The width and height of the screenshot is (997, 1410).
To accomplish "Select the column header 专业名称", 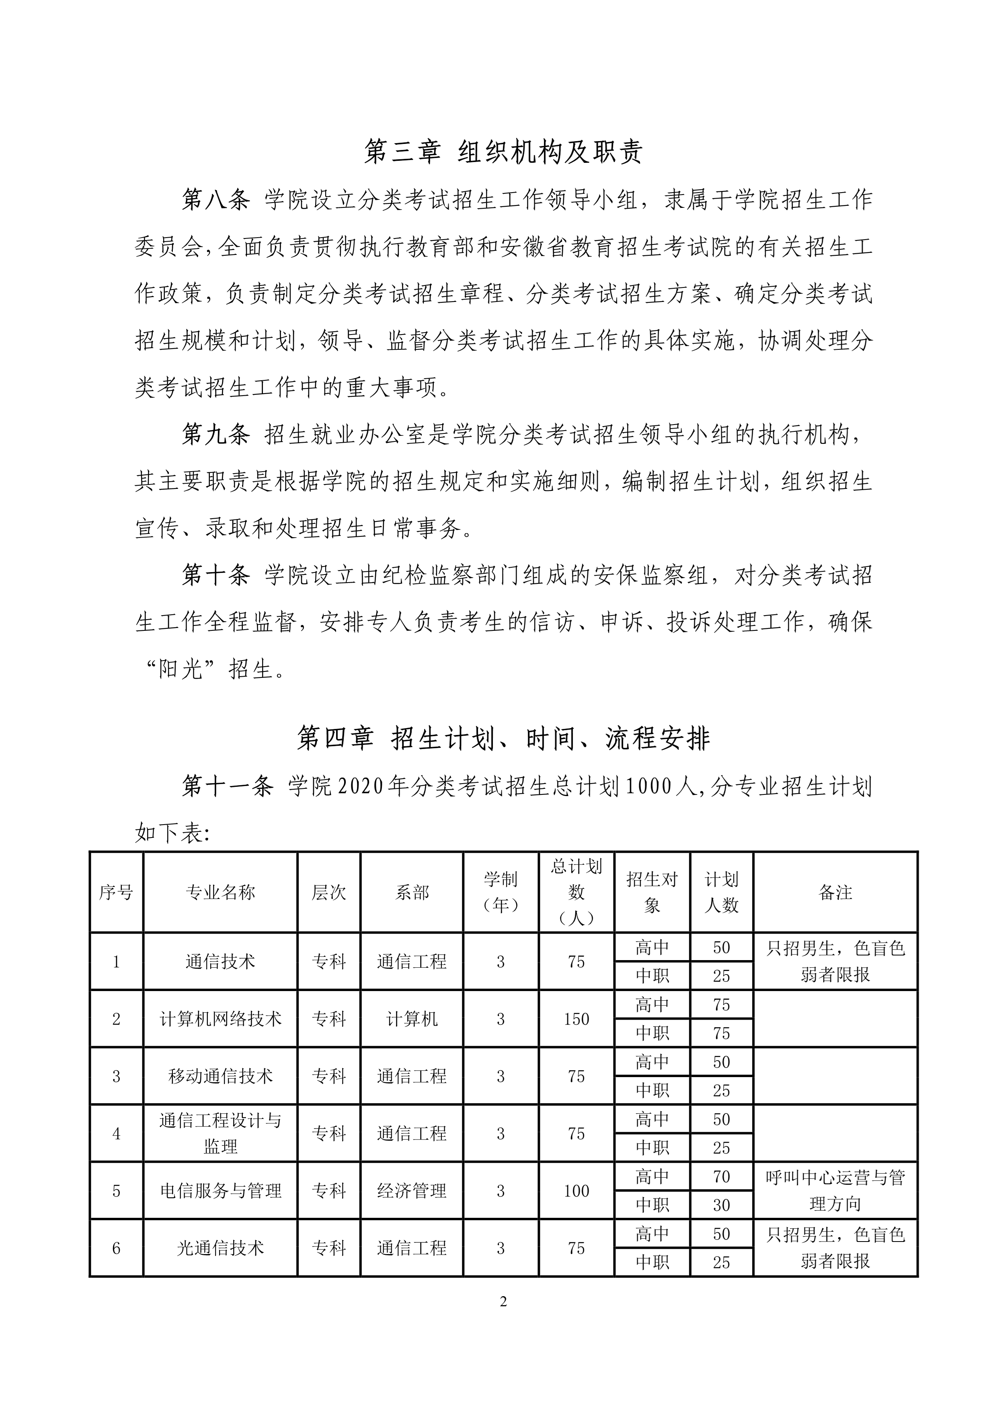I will pos(220,892).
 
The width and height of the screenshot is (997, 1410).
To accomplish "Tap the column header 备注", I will pos(835,892).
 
